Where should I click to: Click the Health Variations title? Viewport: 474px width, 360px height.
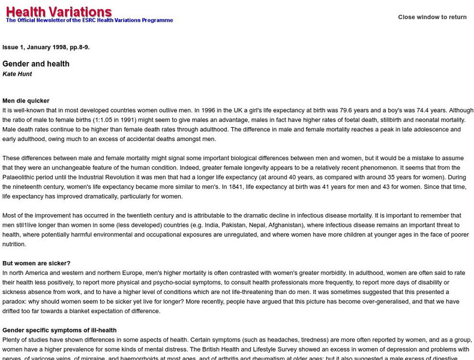pyautogui.click(x=59, y=11)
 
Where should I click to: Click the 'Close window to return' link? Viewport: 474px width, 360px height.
pyautogui.click(x=432, y=17)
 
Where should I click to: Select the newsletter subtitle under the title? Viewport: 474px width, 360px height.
pyautogui.click(x=89, y=20)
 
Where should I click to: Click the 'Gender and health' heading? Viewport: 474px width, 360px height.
pyautogui.click(x=36, y=64)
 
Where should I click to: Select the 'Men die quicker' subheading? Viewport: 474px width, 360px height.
pyautogui.click(x=26, y=101)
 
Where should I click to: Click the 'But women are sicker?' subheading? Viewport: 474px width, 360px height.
pyautogui.click(x=37, y=263)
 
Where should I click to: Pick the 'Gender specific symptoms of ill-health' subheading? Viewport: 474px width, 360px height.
pyautogui.click(x=59, y=330)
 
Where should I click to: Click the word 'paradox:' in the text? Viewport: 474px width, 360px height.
pyautogui.click(x=17, y=302)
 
